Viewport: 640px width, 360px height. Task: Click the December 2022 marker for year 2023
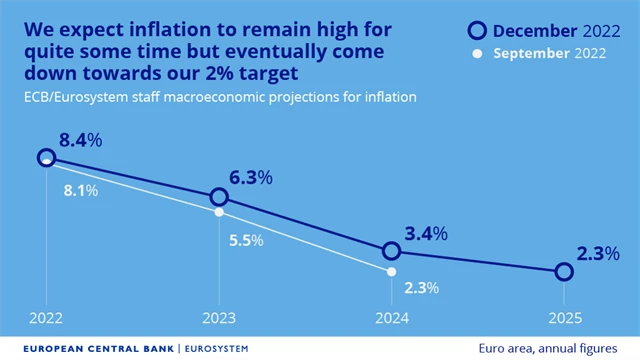(219, 197)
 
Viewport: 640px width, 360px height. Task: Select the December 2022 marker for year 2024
(391, 251)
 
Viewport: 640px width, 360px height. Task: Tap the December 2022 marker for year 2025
(563, 272)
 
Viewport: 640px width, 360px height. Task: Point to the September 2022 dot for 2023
(219, 212)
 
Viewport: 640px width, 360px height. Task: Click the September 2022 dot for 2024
(391, 271)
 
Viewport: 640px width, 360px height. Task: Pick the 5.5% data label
(245, 240)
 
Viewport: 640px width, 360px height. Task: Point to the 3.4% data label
(424, 234)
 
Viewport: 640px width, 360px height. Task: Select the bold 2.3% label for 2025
(598, 254)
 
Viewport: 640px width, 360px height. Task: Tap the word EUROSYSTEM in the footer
(216, 348)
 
